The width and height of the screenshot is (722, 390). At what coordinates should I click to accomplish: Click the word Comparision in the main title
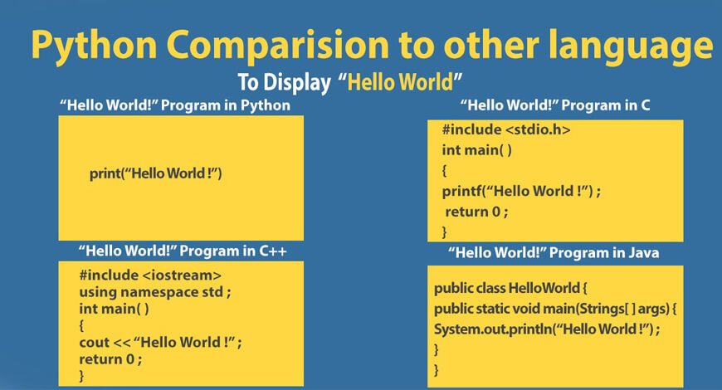point(278,45)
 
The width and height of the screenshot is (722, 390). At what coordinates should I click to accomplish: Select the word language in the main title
point(631,46)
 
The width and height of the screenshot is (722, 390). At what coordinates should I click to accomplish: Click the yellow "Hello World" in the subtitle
point(401,82)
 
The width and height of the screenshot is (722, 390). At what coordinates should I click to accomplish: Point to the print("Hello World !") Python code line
point(156,173)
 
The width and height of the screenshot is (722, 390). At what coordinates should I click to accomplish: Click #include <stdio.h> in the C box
point(506,129)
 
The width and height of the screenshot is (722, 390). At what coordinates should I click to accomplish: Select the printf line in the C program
point(521,191)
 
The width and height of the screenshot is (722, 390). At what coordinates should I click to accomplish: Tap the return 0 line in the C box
point(476,212)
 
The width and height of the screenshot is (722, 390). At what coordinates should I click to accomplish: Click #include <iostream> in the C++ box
point(150,275)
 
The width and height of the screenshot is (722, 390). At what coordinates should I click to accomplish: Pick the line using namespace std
point(155,292)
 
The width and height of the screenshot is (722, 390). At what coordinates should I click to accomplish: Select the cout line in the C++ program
point(160,343)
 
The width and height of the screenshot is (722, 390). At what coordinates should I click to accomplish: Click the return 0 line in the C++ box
point(110,359)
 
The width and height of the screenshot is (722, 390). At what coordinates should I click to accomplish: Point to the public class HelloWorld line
point(510,288)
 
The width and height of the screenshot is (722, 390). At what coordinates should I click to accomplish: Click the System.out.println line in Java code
point(547,329)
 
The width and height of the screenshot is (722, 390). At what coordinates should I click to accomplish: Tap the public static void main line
point(555,309)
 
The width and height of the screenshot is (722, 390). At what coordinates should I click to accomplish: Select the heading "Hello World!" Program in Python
point(175,105)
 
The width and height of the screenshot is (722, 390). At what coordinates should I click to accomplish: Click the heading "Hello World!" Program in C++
point(183,251)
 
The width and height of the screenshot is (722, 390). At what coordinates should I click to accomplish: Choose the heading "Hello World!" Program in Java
point(554,253)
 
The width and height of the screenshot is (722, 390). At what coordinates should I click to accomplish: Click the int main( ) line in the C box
point(476,150)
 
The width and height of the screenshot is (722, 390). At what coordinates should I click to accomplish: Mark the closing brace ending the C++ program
point(81,376)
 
